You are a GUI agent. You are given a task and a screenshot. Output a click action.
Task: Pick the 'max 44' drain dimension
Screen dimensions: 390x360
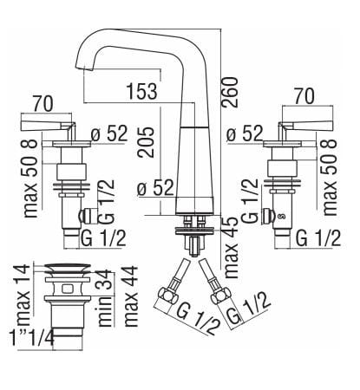pyautogui.click(x=131, y=295)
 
